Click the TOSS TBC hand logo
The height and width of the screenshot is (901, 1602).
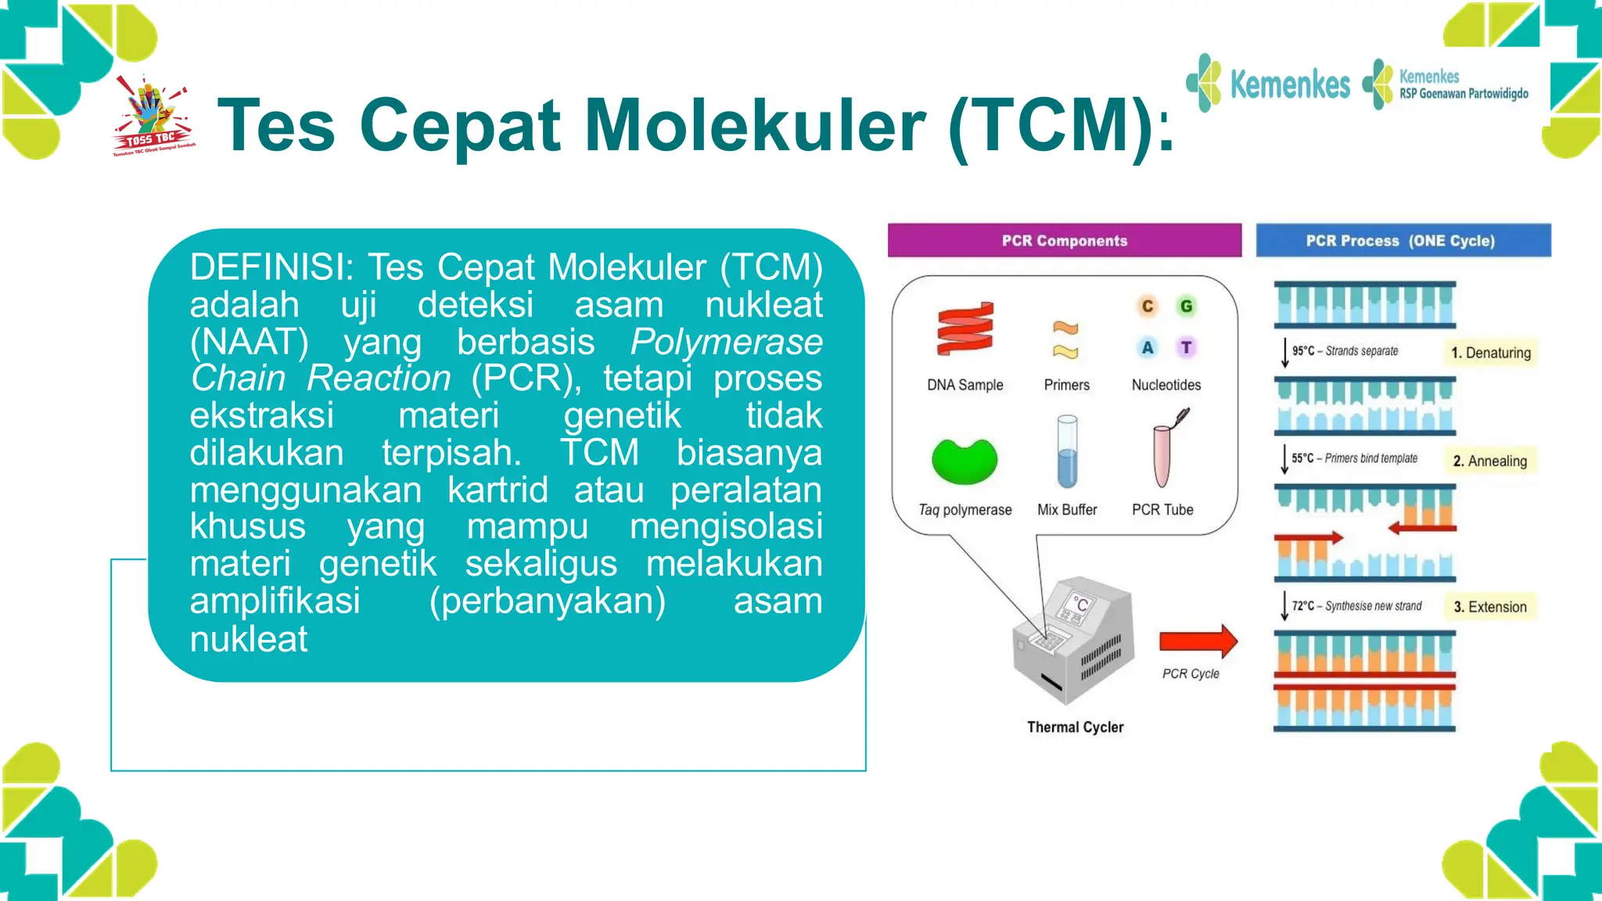pos(153,116)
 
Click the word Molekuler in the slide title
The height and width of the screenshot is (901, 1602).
pos(755,125)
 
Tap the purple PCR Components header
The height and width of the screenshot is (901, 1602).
pos(1064,241)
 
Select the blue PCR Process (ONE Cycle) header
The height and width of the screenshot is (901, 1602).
pos(1403,241)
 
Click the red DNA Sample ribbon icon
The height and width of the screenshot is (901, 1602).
pos(965,329)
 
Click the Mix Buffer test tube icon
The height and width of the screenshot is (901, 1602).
pos(1067,452)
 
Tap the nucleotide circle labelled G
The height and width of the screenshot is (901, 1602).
pos(1187,307)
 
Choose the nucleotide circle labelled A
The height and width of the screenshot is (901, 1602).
pos(1147,347)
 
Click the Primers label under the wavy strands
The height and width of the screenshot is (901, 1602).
pos(1066,385)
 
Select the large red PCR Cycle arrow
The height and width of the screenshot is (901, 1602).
pos(1198,641)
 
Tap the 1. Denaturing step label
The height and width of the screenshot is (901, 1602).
pos(1490,353)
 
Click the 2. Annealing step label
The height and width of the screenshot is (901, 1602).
pos(1489,461)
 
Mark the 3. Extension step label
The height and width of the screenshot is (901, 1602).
pos(1489,607)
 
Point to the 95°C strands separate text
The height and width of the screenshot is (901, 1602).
pos(1345,351)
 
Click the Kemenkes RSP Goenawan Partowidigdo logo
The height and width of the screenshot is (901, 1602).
pos(1447,84)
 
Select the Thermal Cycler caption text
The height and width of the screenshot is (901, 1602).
pos(1075,727)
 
